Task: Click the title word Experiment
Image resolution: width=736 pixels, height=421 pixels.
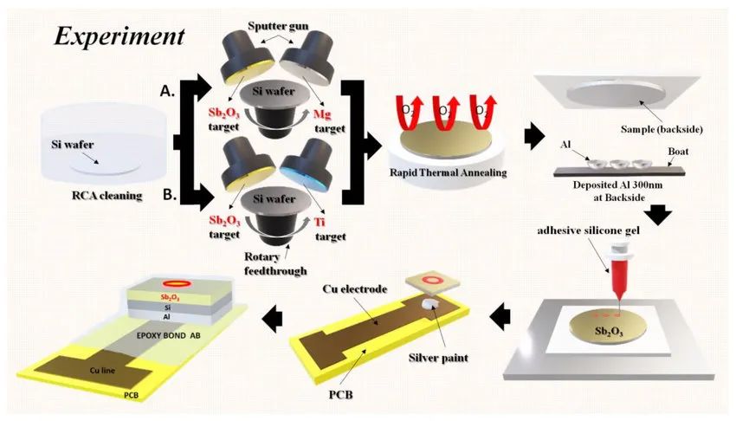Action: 119,36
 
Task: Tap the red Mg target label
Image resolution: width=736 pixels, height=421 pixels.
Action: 322,114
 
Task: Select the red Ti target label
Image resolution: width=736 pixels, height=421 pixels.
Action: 320,222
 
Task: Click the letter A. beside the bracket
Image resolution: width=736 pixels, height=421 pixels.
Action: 168,91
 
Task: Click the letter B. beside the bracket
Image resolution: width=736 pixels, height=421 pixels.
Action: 170,194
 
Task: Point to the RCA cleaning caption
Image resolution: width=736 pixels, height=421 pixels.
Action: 107,195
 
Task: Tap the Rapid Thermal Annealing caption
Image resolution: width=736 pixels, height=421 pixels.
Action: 449,172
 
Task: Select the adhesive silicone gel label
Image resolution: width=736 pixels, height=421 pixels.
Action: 588,230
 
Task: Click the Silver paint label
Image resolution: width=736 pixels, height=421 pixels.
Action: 438,358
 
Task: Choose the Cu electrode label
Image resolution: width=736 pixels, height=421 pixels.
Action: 355,288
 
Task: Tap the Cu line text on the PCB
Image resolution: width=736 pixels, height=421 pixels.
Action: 102,370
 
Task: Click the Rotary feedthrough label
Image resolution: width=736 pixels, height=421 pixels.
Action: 275,263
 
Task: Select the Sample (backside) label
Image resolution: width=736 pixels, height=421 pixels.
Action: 662,130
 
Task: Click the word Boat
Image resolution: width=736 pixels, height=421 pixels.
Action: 678,151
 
